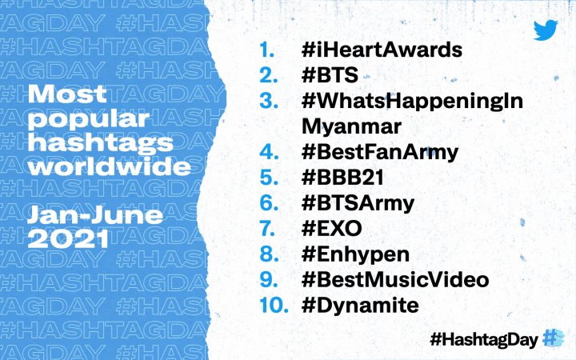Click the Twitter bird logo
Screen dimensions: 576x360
click(x=546, y=30)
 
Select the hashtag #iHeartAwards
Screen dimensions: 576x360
click(x=382, y=50)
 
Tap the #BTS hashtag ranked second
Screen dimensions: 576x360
click(x=330, y=75)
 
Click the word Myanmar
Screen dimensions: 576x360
click(x=351, y=126)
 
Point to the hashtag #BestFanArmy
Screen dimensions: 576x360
click(x=380, y=153)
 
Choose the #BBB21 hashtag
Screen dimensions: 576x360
click(x=342, y=178)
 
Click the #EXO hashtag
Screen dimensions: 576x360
click(x=331, y=229)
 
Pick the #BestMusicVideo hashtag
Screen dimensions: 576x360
click(x=395, y=280)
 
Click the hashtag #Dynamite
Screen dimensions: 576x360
click(x=360, y=306)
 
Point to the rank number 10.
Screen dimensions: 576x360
click(x=274, y=306)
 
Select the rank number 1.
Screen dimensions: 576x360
click(x=266, y=50)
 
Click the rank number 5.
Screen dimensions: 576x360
click(x=269, y=178)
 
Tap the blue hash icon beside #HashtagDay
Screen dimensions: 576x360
click(x=554, y=338)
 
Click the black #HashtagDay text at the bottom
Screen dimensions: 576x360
click(x=484, y=339)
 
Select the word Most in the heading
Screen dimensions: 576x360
click(x=67, y=94)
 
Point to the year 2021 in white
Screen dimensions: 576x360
click(x=68, y=239)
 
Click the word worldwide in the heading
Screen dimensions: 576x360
click(x=110, y=166)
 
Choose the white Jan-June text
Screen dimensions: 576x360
click(x=94, y=215)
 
